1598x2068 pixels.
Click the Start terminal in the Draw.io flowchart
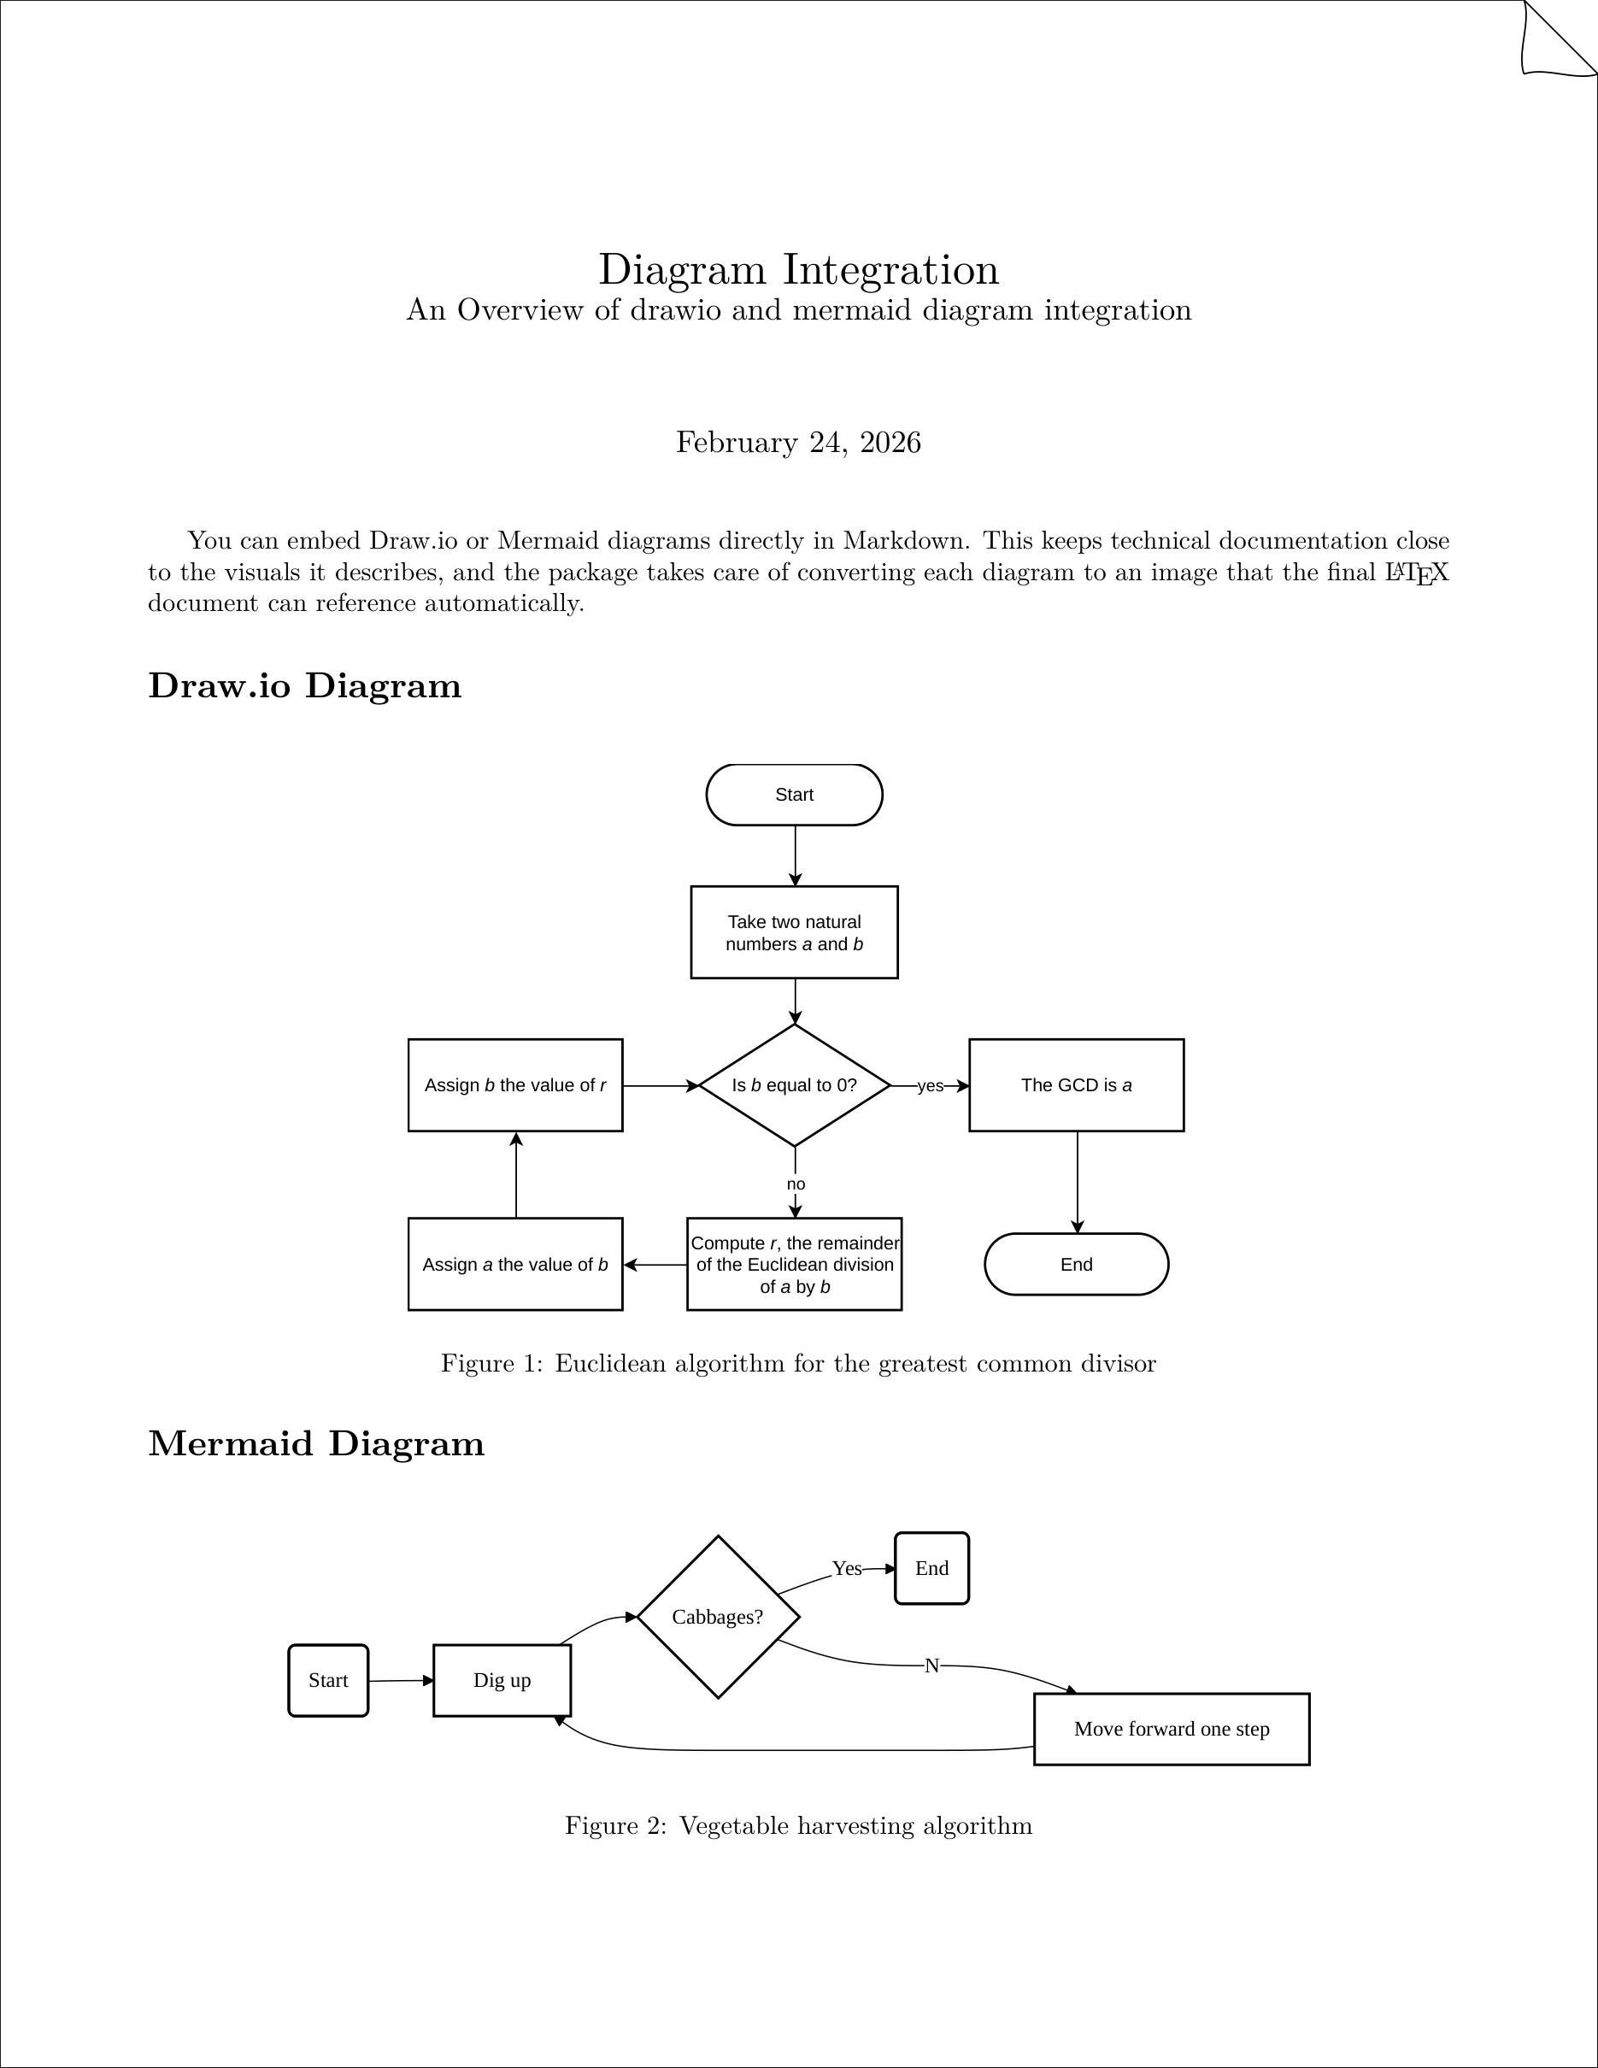[x=794, y=795]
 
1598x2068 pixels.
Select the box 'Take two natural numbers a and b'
[x=794, y=932]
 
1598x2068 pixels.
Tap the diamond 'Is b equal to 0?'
[x=794, y=1085]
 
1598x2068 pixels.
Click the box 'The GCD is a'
[x=1077, y=1085]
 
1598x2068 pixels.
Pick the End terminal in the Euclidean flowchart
[x=1077, y=1264]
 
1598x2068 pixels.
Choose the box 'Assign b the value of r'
[x=515, y=1085]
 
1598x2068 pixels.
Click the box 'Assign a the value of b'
[x=515, y=1264]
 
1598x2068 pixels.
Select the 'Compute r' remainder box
[x=794, y=1264]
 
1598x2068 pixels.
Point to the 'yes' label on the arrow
[x=931, y=1086]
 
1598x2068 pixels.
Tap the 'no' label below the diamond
[x=796, y=1184]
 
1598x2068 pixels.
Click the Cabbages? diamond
[x=718, y=1618]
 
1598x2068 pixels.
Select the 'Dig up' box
[x=502, y=1681]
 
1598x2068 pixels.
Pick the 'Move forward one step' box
[x=1171, y=1729]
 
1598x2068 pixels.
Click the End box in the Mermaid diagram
[x=931, y=1569]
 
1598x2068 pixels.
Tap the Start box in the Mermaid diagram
[x=327, y=1681]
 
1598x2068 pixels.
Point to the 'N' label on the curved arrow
[x=931, y=1666]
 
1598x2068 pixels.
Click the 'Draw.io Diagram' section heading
[x=305, y=685]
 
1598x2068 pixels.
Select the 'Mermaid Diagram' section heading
[x=316, y=1444]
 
